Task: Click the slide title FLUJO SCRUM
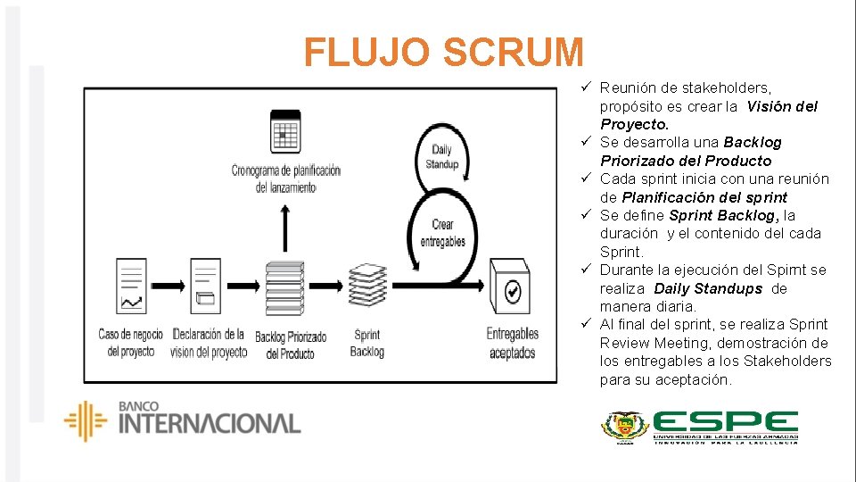443,53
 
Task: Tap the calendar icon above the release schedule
284,132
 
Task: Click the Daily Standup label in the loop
442,157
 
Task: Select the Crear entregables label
442,232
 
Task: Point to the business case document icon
132,286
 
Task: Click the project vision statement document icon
206,286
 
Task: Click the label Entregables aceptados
513,343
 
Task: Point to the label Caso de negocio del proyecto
131,343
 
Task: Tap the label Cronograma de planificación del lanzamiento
285,179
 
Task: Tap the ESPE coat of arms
624,426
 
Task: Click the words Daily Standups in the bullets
708,288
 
